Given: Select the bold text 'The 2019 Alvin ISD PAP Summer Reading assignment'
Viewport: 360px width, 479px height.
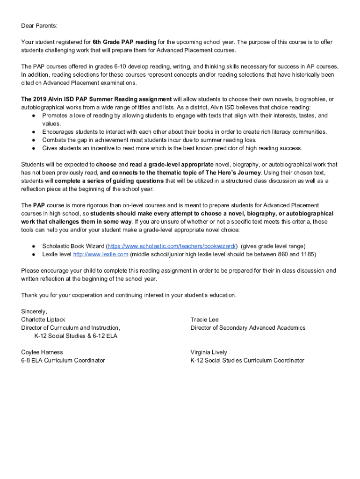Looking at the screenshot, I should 96,99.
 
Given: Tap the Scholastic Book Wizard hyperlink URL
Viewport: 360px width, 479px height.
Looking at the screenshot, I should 172,246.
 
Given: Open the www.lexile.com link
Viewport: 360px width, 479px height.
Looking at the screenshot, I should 101,254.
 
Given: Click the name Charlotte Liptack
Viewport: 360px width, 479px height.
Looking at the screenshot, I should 43,319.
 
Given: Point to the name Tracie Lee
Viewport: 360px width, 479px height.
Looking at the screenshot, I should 204,319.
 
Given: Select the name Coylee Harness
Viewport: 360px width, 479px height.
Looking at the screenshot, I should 42,352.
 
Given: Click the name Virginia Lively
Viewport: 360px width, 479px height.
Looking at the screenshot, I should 209,352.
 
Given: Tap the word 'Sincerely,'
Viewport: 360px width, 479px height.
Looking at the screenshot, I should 34,311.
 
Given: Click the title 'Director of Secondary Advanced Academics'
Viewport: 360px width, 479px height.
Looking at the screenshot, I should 248,328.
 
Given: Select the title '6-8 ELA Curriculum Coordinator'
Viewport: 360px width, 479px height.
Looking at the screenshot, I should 63,360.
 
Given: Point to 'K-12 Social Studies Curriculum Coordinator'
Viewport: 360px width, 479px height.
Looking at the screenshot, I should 247,360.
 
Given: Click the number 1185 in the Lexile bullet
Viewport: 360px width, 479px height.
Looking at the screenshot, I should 308,254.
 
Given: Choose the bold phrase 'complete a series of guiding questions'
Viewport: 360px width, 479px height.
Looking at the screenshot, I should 109,181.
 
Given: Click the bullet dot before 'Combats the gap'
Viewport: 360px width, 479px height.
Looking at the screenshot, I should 34,140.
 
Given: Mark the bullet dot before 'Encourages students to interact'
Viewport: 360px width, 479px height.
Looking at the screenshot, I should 34,132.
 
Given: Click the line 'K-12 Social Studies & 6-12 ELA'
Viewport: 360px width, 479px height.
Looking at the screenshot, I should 76,336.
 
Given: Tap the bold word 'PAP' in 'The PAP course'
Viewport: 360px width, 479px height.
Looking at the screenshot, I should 39,205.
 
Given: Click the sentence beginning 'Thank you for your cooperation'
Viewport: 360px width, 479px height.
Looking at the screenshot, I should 129,295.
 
